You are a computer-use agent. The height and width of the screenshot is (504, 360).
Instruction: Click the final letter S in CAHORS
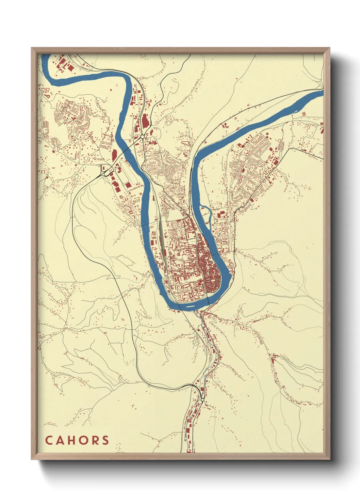pyautogui.click(x=105, y=440)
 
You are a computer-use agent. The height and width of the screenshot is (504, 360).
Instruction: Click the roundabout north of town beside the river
pyautogui.click(x=142, y=137)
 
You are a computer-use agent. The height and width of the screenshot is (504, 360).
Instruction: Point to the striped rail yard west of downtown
pyautogui.click(x=159, y=238)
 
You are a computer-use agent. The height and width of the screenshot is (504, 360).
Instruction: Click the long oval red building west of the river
pyautogui.click(x=114, y=155)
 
